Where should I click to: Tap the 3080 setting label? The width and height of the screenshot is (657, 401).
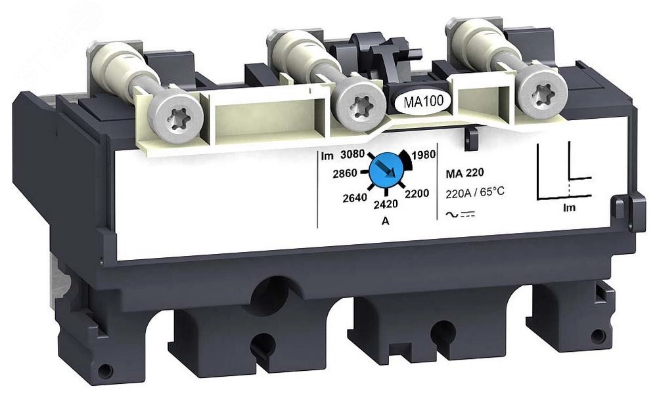352,154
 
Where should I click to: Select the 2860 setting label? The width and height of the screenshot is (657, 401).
345,173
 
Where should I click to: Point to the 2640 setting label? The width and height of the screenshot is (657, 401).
355,198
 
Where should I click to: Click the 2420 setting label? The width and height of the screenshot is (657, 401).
386,204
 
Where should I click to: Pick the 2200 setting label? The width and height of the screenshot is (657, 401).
417,194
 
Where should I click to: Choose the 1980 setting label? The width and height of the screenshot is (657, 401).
424,155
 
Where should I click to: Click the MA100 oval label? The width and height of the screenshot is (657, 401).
422,102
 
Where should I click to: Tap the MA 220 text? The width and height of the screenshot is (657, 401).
464,173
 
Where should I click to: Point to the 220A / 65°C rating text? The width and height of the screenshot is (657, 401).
475,193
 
